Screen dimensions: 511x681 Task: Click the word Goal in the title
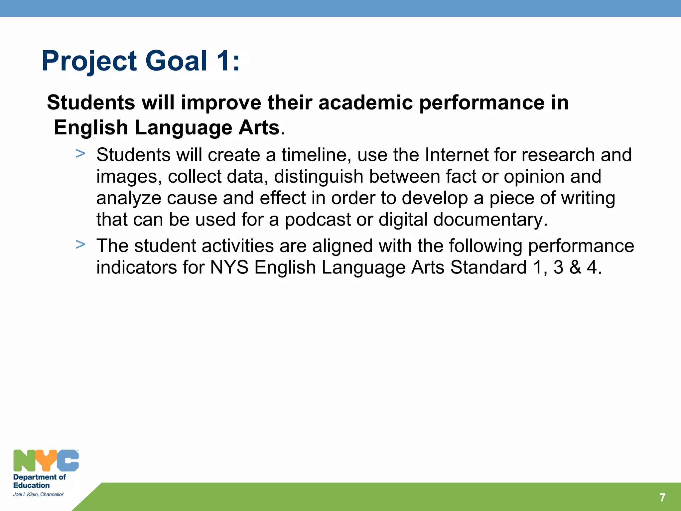click(x=176, y=61)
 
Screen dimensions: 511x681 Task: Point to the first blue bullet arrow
click(x=80, y=154)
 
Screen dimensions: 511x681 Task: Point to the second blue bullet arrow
click(x=80, y=245)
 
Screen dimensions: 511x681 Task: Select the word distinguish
click(x=319, y=177)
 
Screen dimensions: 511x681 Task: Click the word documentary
click(x=490, y=220)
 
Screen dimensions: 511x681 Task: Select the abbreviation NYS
click(x=229, y=268)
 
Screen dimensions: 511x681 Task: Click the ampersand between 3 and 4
click(x=575, y=268)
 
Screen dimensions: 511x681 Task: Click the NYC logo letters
click(x=46, y=461)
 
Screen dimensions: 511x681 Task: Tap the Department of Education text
click(x=39, y=481)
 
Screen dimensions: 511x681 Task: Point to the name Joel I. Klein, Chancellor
click(x=38, y=495)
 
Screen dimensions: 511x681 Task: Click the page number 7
click(x=662, y=497)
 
